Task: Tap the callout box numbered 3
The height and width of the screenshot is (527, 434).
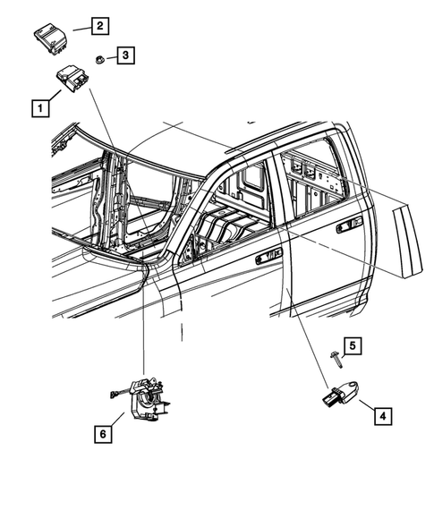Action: [128, 55]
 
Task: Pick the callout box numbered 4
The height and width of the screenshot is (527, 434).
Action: [381, 415]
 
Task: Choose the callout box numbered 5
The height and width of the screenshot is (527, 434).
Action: [353, 345]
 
